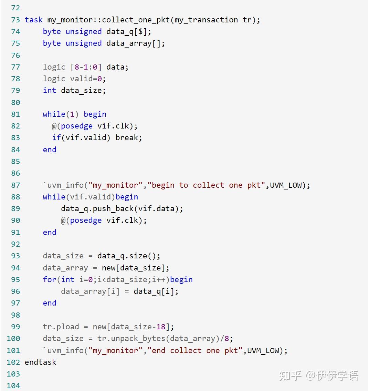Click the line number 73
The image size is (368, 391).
pyautogui.click(x=15, y=20)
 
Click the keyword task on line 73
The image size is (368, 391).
pyautogui.click(x=34, y=20)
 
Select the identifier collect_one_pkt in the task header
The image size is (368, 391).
pyautogui.click(x=136, y=20)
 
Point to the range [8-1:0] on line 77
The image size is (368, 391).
pyautogui.click(x=86, y=67)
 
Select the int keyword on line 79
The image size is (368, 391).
pyautogui.click(x=50, y=91)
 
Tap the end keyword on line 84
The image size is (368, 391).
pyautogui.click(x=50, y=150)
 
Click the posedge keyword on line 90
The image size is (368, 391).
pyautogui.click(x=86, y=220)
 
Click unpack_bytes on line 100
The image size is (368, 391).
pyautogui.click(x=138, y=338)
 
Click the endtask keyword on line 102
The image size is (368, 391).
pyautogui.click(x=41, y=362)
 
